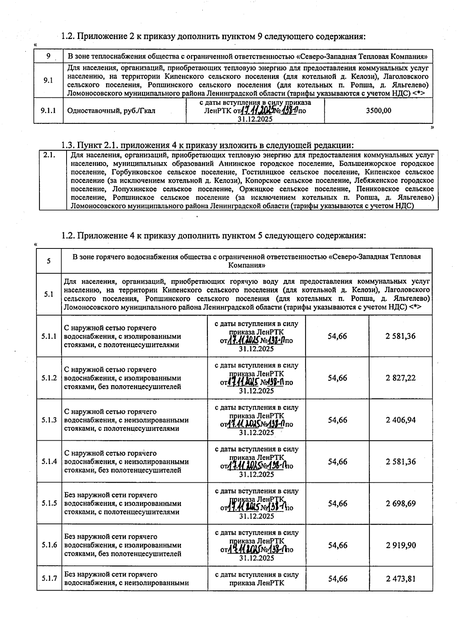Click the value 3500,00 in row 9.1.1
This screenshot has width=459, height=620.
click(x=378, y=111)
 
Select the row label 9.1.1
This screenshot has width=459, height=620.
click(x=48, y=111)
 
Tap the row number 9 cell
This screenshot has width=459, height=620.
click(x=48, y=56)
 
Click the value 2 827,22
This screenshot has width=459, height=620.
click(x=400, y=378)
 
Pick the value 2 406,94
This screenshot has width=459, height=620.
click(x=400, y=420)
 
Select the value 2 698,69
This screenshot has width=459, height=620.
click(x=400, y=503)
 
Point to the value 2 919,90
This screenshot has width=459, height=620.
click(x=400, y=545)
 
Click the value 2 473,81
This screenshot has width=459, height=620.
click(x=400, y=579)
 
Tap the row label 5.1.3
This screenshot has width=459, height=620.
click(x=49, y=420)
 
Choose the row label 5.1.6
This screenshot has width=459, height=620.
click(x=49, y=545)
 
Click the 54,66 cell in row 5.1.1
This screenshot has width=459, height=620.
click(x=337, y=336)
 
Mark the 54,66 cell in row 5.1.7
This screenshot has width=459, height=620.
click(x=337, y=579)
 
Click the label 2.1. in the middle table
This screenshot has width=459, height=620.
click(x=50, y=155)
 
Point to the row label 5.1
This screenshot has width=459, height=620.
click(x=49, y=295)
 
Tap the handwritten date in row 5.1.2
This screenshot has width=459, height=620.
click(x=243, y=382)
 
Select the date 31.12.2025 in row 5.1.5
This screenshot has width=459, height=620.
click(x=256, y=516)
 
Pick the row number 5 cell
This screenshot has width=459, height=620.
click(x=49, y=261)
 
